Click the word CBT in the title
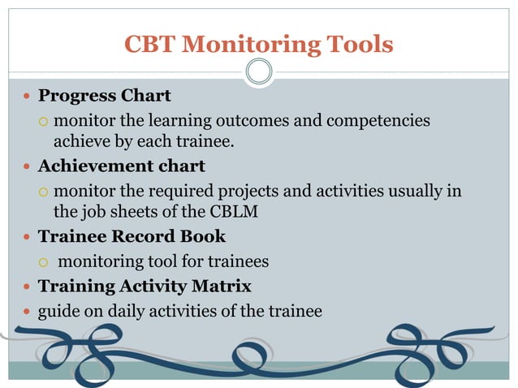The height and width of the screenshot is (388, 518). point(149,44)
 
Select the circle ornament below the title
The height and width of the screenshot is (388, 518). point(259,72)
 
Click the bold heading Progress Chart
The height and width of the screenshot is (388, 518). point(105,96)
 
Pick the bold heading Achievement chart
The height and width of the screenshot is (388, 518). point(122,166)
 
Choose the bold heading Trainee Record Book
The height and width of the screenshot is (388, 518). point(132,237)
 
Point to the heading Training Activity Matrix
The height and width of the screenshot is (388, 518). point(145,286)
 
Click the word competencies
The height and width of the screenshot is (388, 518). point(378,120)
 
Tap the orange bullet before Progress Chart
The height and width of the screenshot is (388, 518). point(27,97)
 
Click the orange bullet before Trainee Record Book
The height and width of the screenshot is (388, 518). point(27,238)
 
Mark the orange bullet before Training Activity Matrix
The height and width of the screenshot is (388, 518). point(27,287)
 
